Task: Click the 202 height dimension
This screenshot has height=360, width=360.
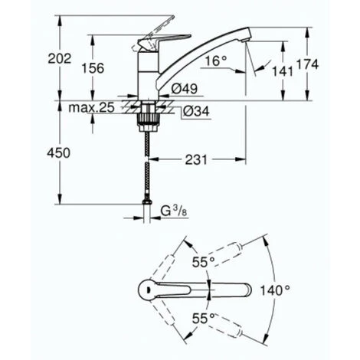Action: (x=60, y=59)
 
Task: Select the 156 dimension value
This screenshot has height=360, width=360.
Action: (x=93, y=68)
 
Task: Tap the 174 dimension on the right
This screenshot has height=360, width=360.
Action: (x=307, y=64)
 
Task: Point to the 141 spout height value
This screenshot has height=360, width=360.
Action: (x=283, y=71)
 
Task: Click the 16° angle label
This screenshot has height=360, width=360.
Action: (x=216, y=61)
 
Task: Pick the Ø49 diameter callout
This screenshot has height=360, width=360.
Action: (x=185, y=89)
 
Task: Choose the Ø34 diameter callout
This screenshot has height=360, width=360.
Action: (x=196, y=111)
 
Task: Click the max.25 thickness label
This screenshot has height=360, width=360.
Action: (x=91, y=108)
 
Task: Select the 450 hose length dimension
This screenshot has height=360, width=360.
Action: (x=58, y=153)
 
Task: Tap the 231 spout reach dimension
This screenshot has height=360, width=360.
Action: (x=196, y=160)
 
